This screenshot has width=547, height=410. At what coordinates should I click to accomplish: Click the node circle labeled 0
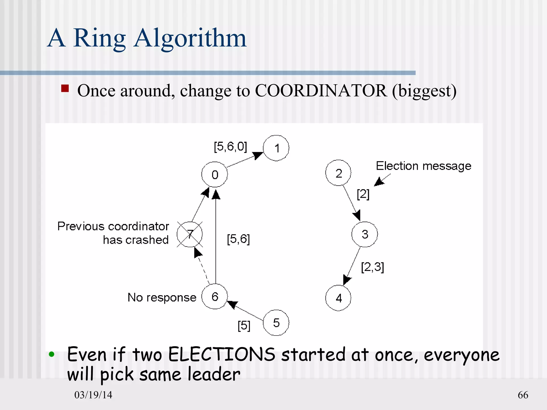[x=214, y=175]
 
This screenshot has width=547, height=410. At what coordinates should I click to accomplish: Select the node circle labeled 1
[x=276, y=148]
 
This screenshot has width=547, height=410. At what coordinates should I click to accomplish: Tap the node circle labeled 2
[x=338, y=173]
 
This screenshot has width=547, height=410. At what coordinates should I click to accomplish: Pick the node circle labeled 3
[x=365, y=234]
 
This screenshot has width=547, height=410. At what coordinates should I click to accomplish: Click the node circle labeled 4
[x=338, y=298]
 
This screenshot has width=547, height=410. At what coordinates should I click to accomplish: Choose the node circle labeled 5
[x=276, y=323]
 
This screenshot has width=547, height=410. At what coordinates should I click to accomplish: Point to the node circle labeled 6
[x=214, y=297]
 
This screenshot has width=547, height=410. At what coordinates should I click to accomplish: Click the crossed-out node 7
[x=190, y=234]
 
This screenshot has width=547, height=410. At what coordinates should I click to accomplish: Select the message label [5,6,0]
[x=230, y=147]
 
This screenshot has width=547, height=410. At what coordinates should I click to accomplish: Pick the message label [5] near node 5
[x=244, y=326]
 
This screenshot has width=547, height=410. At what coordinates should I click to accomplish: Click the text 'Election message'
[x=423, y=166]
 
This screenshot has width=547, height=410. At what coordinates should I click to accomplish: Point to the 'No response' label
[x=162, y=297]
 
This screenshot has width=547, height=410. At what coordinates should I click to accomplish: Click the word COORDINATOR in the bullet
[x=321, y=91]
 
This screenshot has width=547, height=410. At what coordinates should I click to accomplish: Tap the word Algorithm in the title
[x=190, y=38]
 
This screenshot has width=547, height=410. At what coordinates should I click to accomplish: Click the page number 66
[x=523, y=395]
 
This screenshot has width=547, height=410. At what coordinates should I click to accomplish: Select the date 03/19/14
[x=93, y=395]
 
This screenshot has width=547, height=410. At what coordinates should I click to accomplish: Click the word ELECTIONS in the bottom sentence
[x=221, y=355]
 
